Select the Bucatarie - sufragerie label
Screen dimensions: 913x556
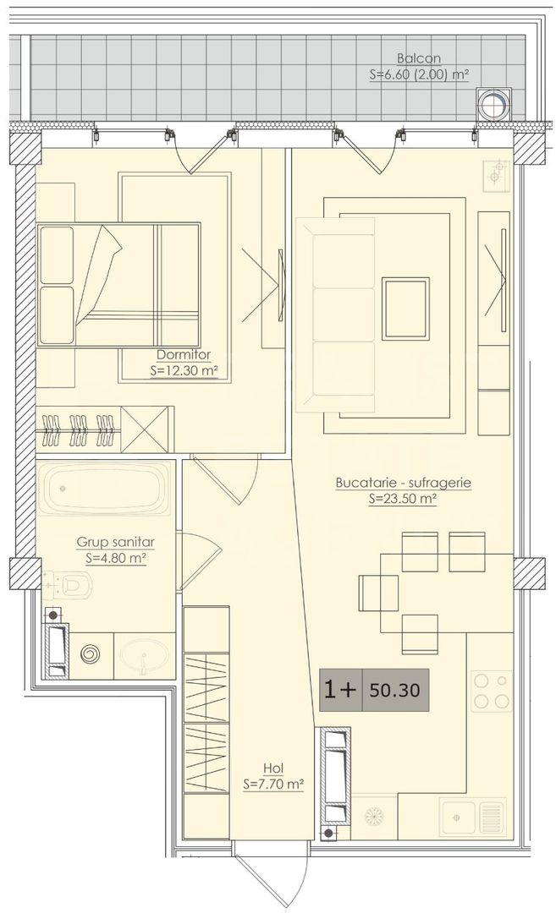click(x=402, y=483)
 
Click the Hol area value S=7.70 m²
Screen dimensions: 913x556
click(x=272, y=784)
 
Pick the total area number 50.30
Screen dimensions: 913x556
click(x=394, y=690)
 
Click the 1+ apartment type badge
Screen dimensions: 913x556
click(x=340, y=690)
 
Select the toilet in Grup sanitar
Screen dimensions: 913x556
click(x=75, y=583)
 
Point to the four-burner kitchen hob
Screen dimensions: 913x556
click(x=491, y=691)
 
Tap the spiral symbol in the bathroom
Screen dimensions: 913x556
click(x=90, y=655)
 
